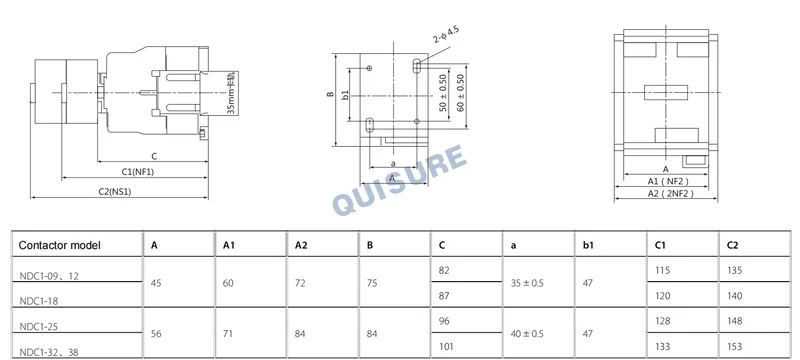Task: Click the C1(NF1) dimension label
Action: [x=138, y=172]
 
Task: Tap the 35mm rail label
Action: [x=232, y=93]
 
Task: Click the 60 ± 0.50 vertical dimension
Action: [x=461, y=93]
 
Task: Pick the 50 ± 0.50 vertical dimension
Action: [x=443, y=93]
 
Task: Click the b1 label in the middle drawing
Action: [x=345, y=95]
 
